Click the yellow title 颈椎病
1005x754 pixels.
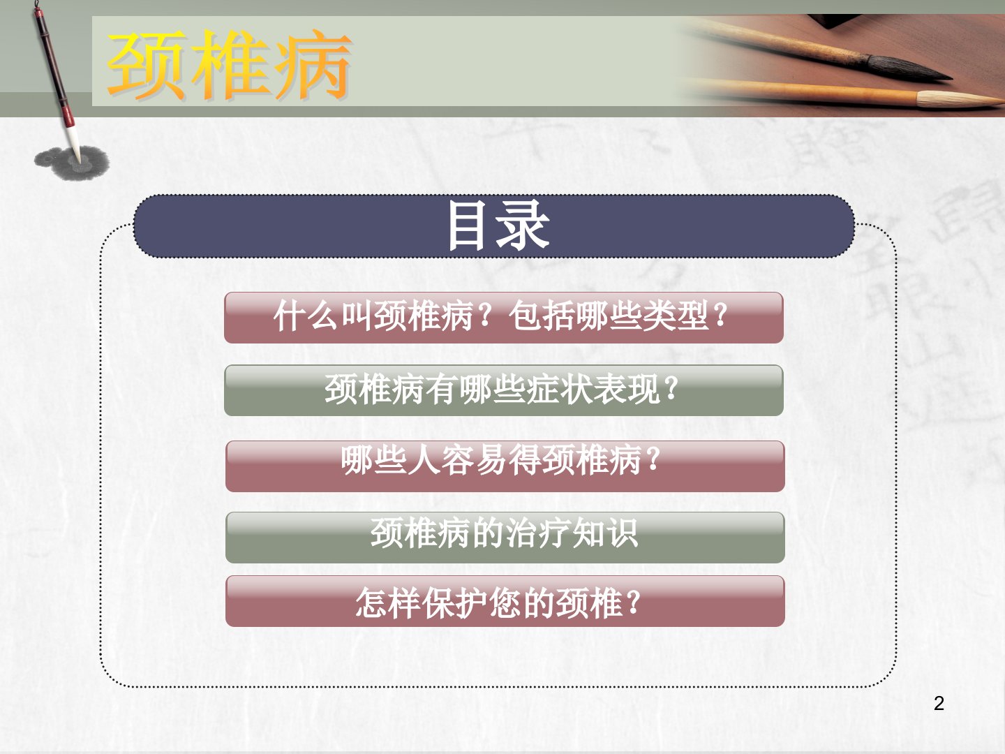click(229, 65)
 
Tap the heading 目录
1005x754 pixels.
click(498, 226)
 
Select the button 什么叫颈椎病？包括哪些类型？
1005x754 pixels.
click(504, 318)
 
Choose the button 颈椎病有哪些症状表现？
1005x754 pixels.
click(504, 390)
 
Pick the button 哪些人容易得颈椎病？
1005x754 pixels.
click(505, 466)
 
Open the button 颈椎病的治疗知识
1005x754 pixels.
click(505, 538)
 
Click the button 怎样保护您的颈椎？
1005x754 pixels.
click(505, 601)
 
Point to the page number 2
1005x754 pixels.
click(939, 703)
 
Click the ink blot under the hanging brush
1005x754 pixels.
click(72, 162)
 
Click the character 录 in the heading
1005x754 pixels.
click(523, 226)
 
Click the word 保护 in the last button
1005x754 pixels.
click(454, 603)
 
